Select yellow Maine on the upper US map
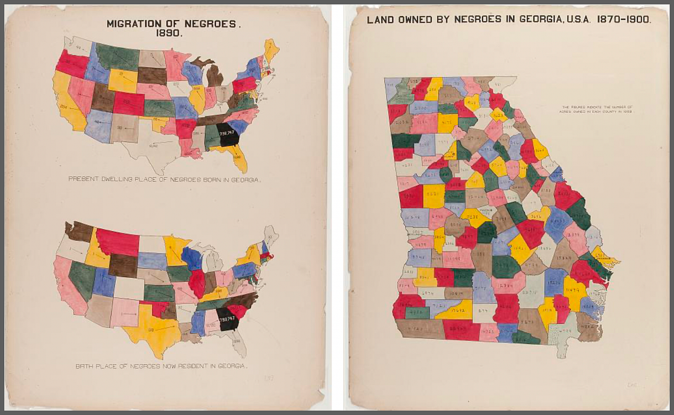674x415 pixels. (x=271, y=49)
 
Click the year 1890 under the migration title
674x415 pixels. (x=173, y=34)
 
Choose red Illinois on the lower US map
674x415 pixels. (x=197, y=283)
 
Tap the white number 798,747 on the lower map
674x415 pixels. (x=228, y=318)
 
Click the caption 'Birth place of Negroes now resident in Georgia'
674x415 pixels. (x=161, y=366)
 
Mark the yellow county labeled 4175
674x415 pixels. (x=447, y=122)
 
